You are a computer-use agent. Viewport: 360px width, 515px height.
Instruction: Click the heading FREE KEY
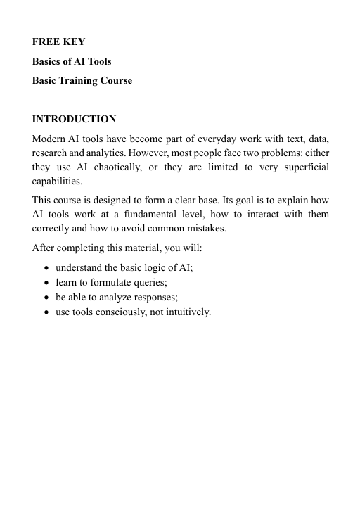(59, 42)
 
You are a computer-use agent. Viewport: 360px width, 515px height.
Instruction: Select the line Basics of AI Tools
(72, 61)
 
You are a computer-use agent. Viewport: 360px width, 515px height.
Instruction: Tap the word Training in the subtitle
(87, 80)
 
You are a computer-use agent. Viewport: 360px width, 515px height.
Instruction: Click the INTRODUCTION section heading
(75, 119)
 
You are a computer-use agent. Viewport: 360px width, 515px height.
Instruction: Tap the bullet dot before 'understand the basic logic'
(46, 268)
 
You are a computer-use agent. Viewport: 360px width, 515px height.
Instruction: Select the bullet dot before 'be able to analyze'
(46, 298)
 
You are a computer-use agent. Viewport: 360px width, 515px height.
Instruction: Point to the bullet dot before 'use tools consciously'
(46, 312)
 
